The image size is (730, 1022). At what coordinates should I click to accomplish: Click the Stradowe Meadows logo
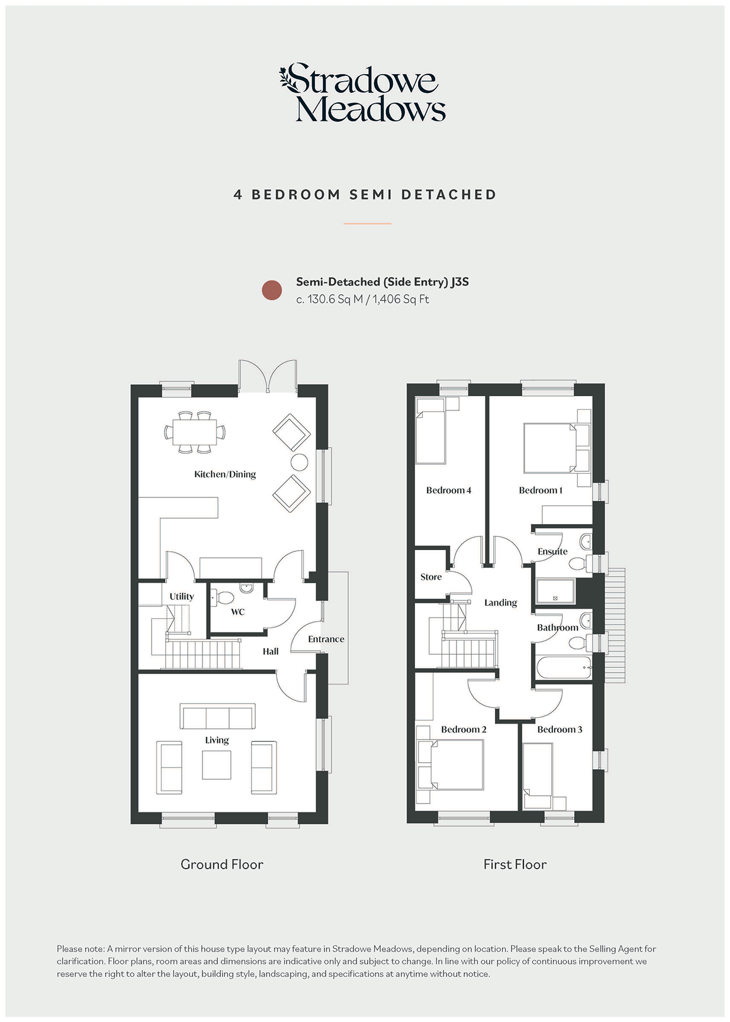pos(362,93)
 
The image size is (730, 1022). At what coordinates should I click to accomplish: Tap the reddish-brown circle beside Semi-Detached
pos(272,290)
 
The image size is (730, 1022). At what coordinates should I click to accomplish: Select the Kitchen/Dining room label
pos(225,474)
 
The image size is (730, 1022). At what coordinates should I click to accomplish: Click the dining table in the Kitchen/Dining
pos(195,432)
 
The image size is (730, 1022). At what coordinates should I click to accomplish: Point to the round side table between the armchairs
pos(299,462)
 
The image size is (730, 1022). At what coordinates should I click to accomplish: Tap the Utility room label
pos(182,596)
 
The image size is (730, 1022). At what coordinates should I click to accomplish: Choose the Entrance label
pos(326,639)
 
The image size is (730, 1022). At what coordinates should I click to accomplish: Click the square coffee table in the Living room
pos(217,765)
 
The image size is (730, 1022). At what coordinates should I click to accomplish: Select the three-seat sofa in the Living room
pos(218,716)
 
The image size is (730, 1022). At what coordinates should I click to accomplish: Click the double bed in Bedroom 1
pos(550,448)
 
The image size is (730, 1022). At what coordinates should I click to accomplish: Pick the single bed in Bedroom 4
pos(430,430)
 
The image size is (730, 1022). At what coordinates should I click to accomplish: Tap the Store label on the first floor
pos(431,577)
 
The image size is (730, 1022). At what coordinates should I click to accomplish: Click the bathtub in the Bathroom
pos(564,667)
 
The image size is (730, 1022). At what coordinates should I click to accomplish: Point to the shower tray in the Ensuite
pos(555,591)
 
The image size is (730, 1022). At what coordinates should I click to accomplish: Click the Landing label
pos(501,603)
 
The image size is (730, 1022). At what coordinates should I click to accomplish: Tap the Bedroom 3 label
pos(559,729)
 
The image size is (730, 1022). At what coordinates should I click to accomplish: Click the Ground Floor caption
pos(222,864)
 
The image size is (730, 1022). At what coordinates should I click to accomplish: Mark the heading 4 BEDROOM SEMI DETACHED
pos(365,195)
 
